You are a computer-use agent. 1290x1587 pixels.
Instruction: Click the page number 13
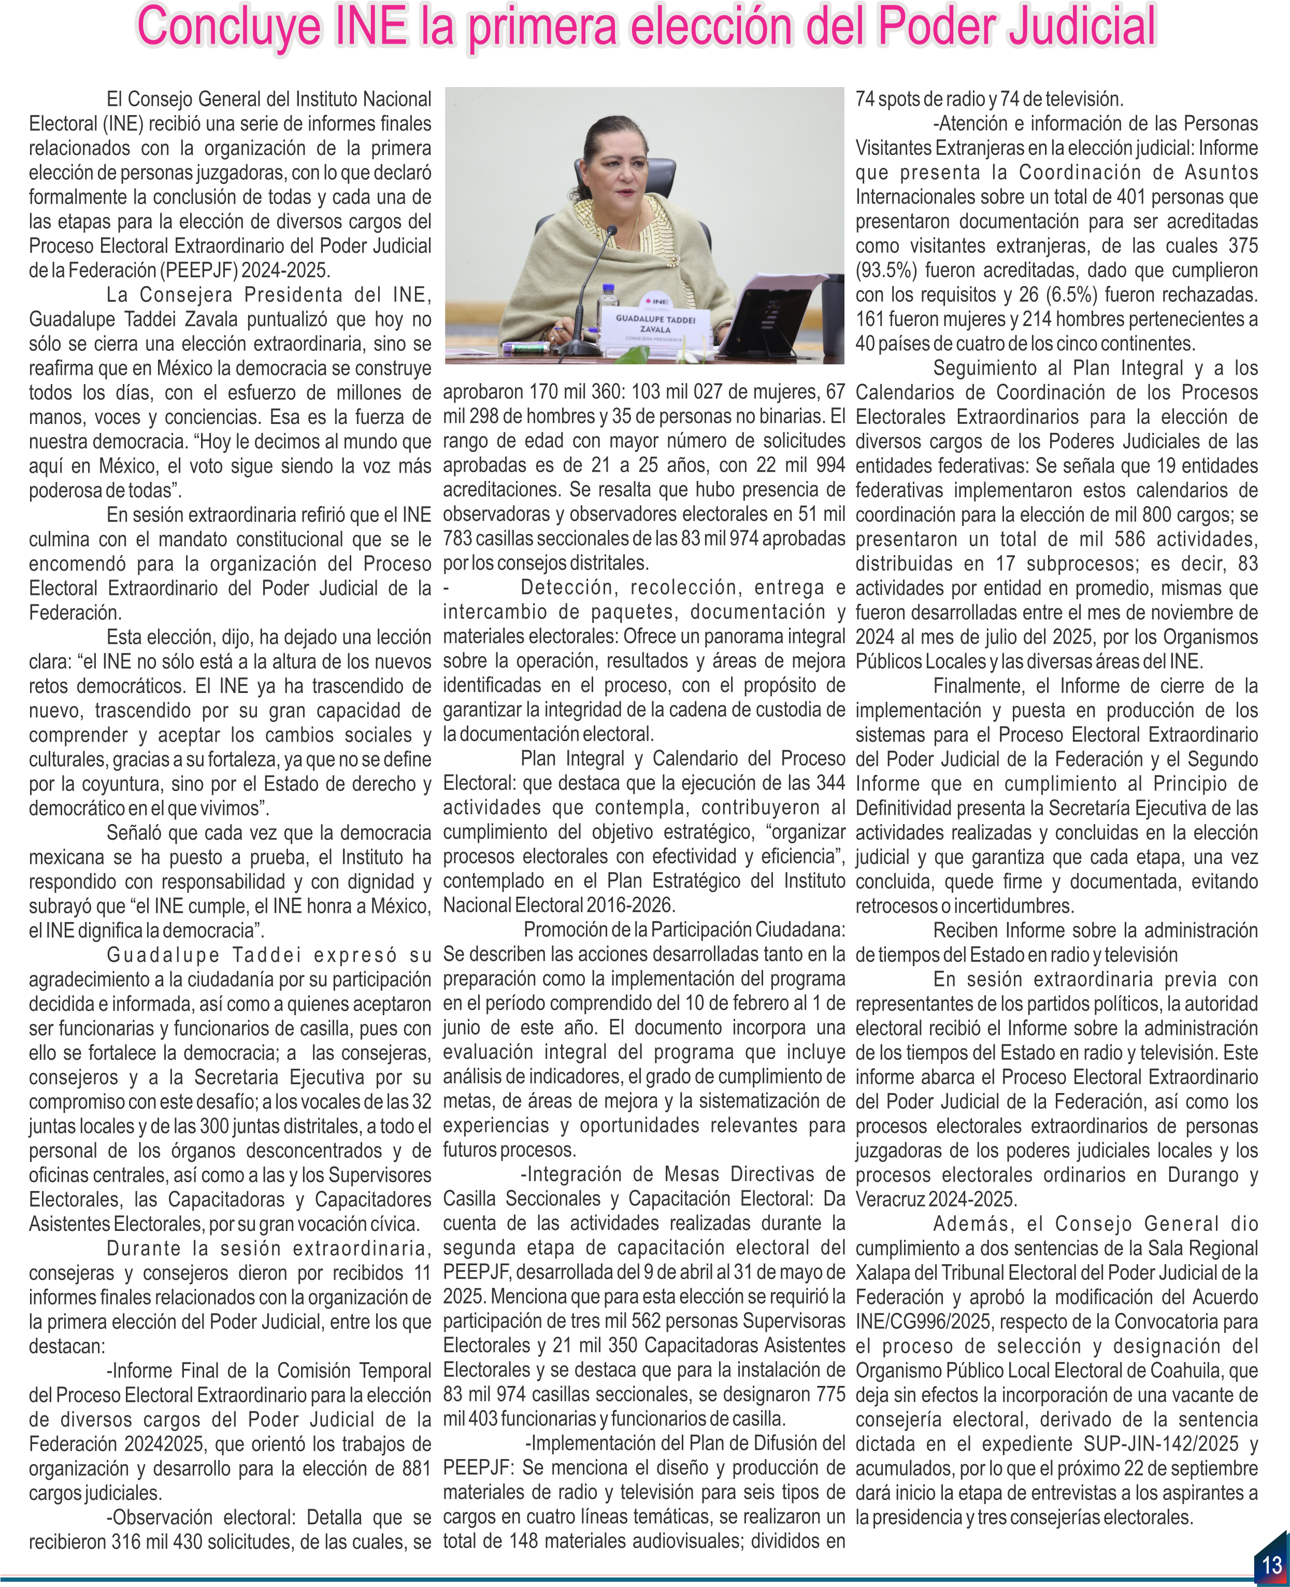pos(1271,1565)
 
